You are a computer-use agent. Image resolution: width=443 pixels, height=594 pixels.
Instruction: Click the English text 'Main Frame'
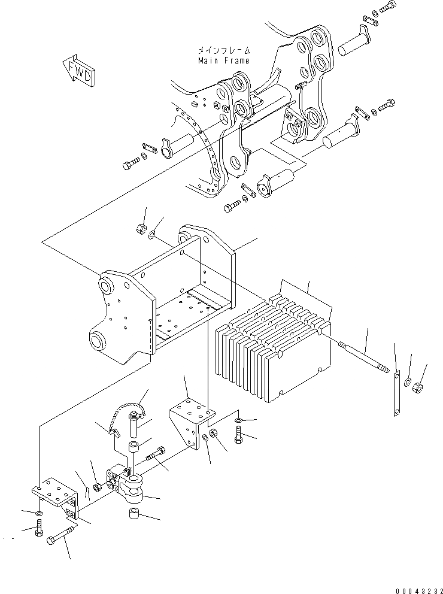[x=223, y=60]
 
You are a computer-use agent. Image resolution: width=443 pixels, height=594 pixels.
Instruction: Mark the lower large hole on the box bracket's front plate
[x=96, y=343]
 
